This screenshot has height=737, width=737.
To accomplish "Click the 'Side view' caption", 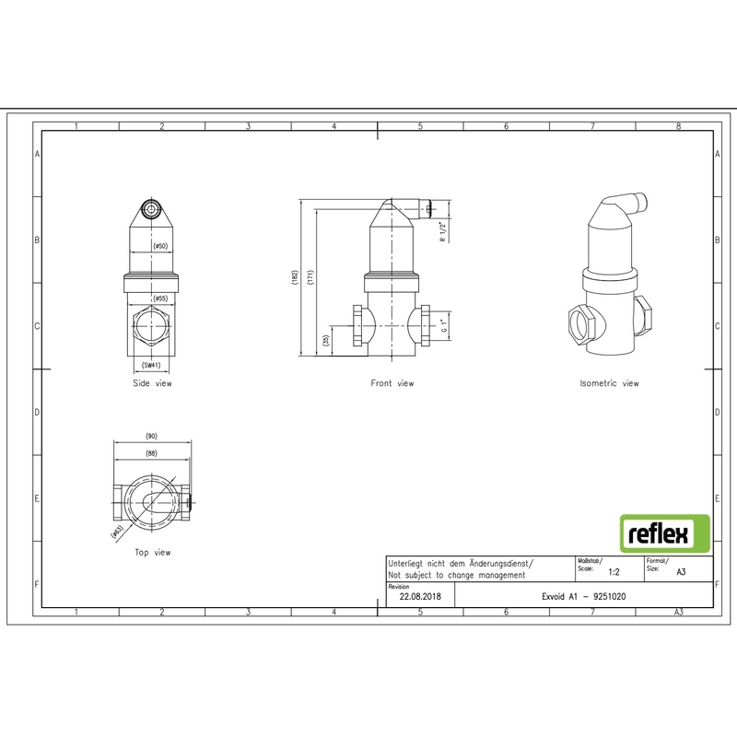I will (152, 382).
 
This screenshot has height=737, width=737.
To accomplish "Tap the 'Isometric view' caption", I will (609, 382).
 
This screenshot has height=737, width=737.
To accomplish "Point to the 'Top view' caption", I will (152, 553).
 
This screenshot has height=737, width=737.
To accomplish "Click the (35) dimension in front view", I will (326, 341).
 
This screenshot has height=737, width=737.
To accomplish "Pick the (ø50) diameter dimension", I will (159, 247).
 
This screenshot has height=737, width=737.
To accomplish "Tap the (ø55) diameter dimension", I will (159, 298).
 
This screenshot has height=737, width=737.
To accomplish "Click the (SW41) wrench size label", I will (152, 366).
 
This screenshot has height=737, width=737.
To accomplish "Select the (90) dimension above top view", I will (151, 436).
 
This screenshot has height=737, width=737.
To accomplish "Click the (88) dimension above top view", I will (151, 452).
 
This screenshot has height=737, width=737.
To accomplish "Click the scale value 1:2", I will (614, 571).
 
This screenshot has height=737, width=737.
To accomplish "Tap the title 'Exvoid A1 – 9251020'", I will (586, 596).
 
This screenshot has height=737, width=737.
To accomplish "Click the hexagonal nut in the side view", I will (152, 327).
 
